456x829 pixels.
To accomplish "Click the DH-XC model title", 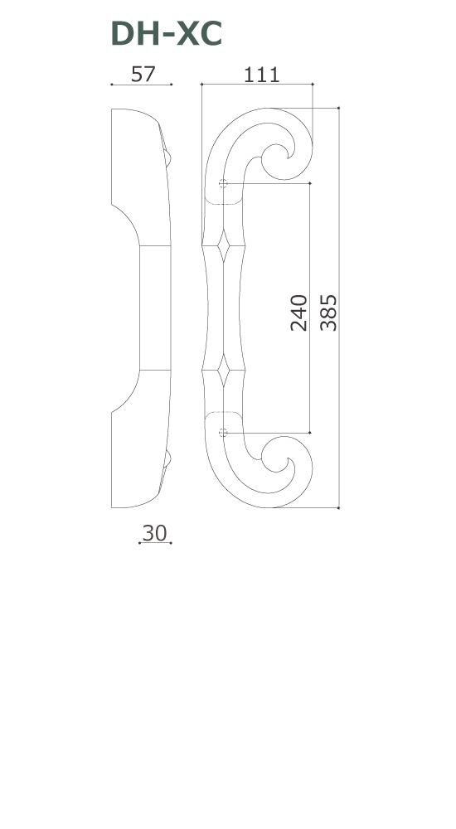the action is click(166, 34).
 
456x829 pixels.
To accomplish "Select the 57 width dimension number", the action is click(143, 75).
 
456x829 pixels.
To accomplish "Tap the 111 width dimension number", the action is click(261, 75).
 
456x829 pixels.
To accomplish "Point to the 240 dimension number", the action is click(298, 313).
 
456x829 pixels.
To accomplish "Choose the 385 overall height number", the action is click(328, 313).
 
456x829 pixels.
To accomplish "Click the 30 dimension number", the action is click(154, 533).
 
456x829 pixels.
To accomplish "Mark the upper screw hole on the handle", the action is click(223, 183).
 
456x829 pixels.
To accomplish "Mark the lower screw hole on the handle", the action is click(223, 433).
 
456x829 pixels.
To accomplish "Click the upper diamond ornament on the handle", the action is click(223, 245).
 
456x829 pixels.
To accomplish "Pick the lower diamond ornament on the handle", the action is click(223, 370).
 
